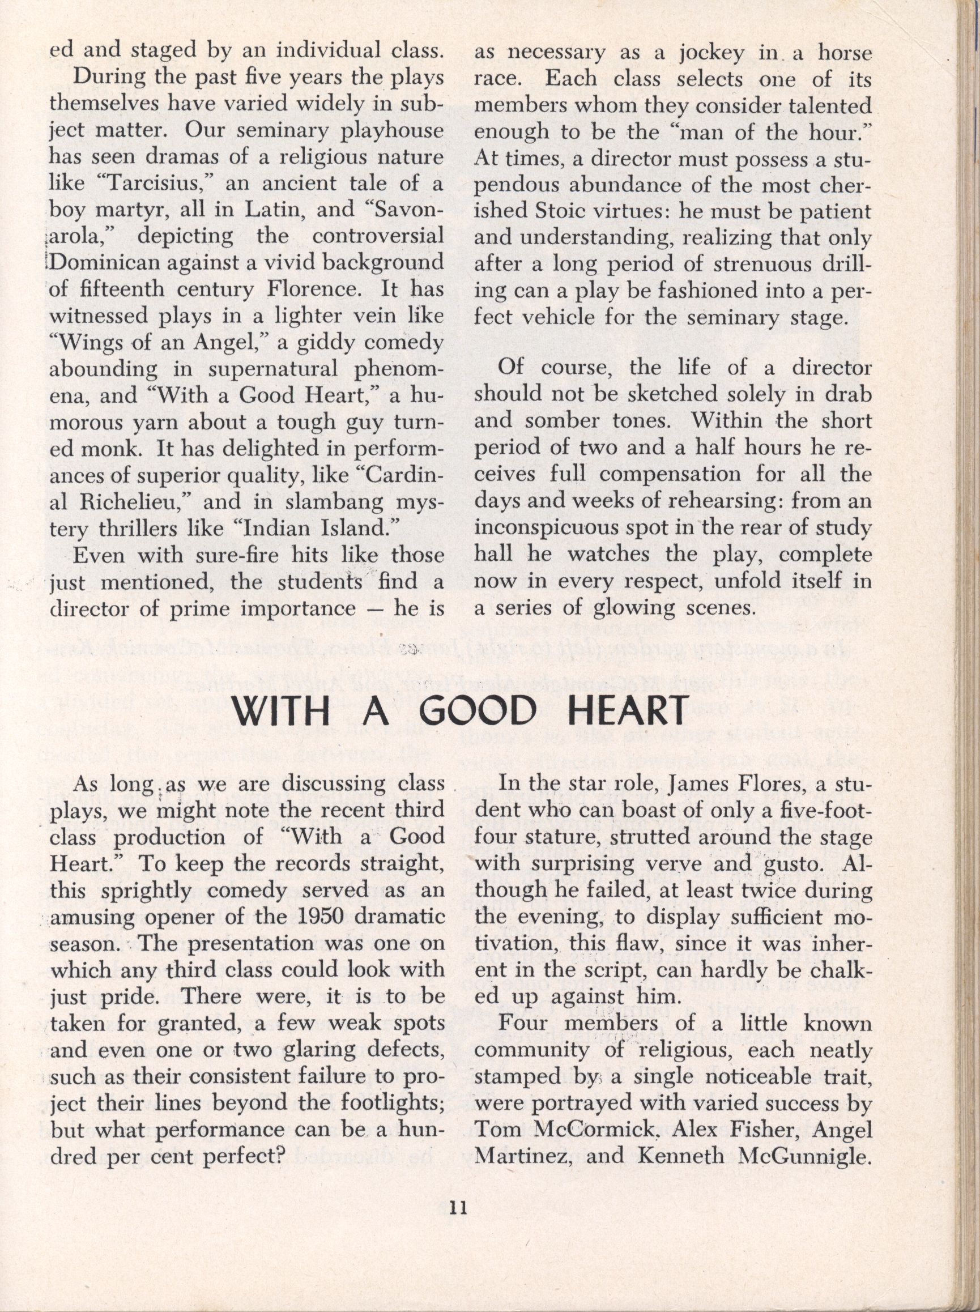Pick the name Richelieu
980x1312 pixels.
[124, 504]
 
